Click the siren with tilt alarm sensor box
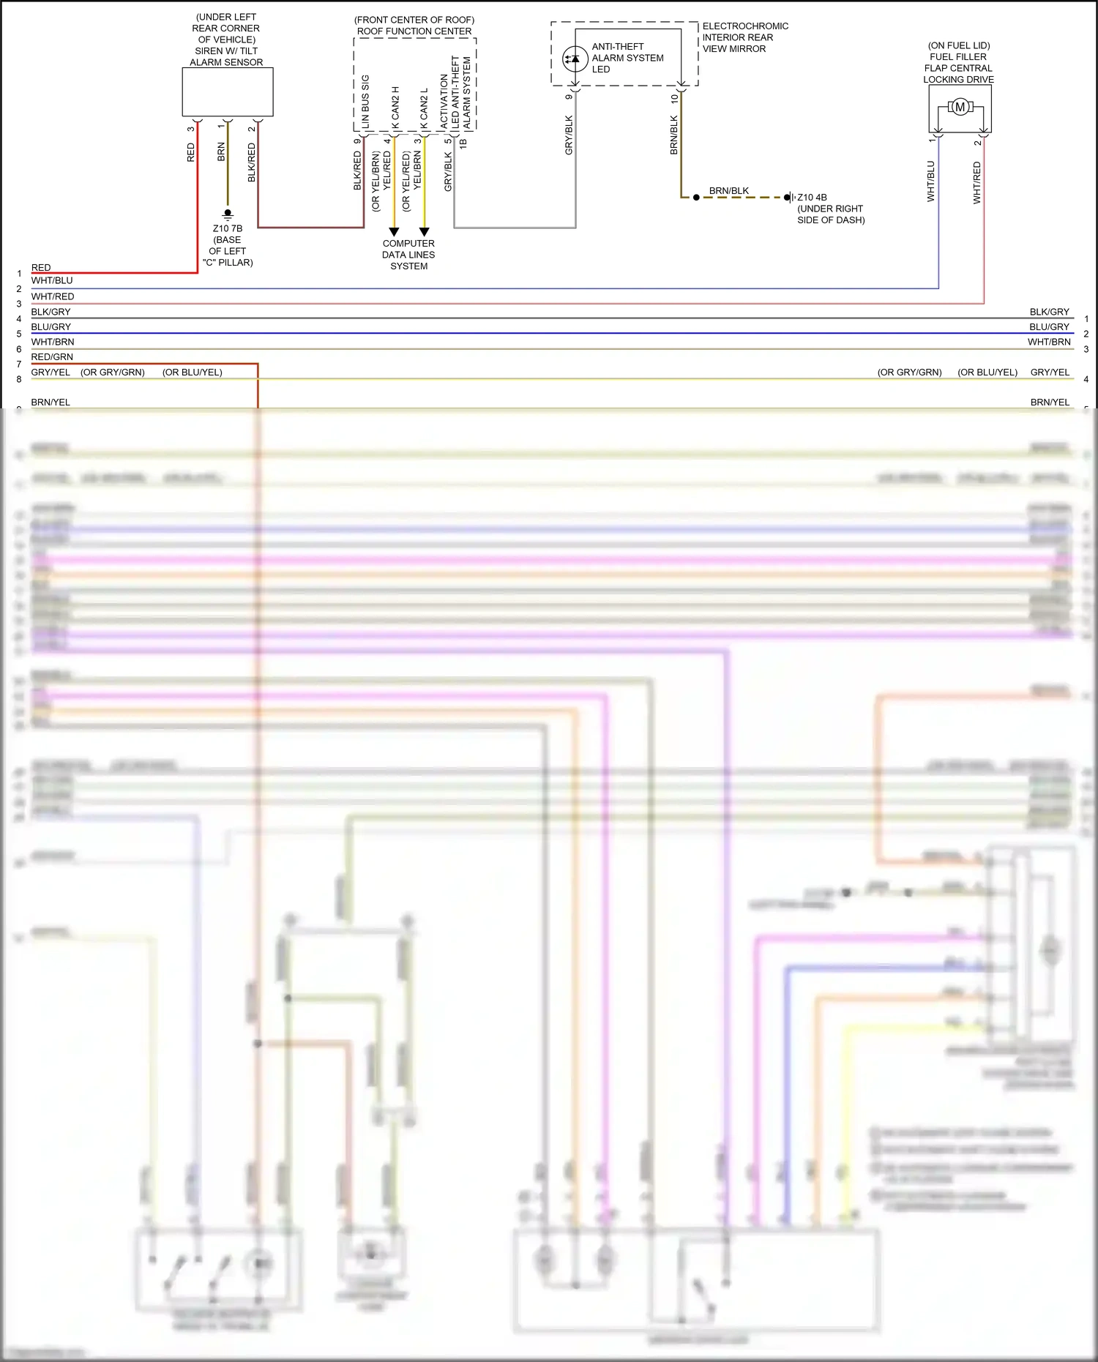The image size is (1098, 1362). [228, 92]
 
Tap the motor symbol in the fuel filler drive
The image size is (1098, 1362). [960, 108]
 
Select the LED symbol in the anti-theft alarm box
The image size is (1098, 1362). [575, 59]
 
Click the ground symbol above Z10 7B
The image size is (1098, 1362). [228, 214]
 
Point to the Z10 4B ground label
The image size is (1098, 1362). [812, 198]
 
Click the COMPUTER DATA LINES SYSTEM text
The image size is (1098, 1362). [408, 255]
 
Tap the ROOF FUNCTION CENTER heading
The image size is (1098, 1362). [414, 31]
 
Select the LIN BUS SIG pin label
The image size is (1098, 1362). [365, 102]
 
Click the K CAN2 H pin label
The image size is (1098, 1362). [395, 108]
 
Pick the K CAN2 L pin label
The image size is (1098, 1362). [424, 109]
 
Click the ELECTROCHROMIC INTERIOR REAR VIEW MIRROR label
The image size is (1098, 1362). [744, 37]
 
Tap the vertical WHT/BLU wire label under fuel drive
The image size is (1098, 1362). [931, 182]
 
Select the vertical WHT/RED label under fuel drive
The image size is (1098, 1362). [976, 183]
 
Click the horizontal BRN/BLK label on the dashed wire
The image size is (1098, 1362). [728, 191]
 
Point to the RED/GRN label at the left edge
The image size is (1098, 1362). [52, 357]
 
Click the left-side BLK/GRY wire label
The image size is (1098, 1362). [51, 312]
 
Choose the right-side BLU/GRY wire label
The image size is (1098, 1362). [1049, 327]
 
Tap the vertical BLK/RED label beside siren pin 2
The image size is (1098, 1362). [252, 162]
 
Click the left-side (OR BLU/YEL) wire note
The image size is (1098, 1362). [193, 373]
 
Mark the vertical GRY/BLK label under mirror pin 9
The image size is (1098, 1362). [569, 135]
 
